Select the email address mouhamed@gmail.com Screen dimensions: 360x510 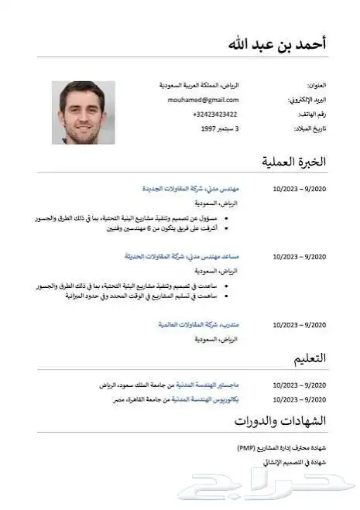tap(204, 100)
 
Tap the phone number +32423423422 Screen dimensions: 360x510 tap(215, 115)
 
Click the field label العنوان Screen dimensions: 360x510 tap(317, 85)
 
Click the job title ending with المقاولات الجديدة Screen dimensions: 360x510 tap(190, 188)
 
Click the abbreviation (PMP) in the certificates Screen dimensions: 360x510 tap(247, 448)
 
